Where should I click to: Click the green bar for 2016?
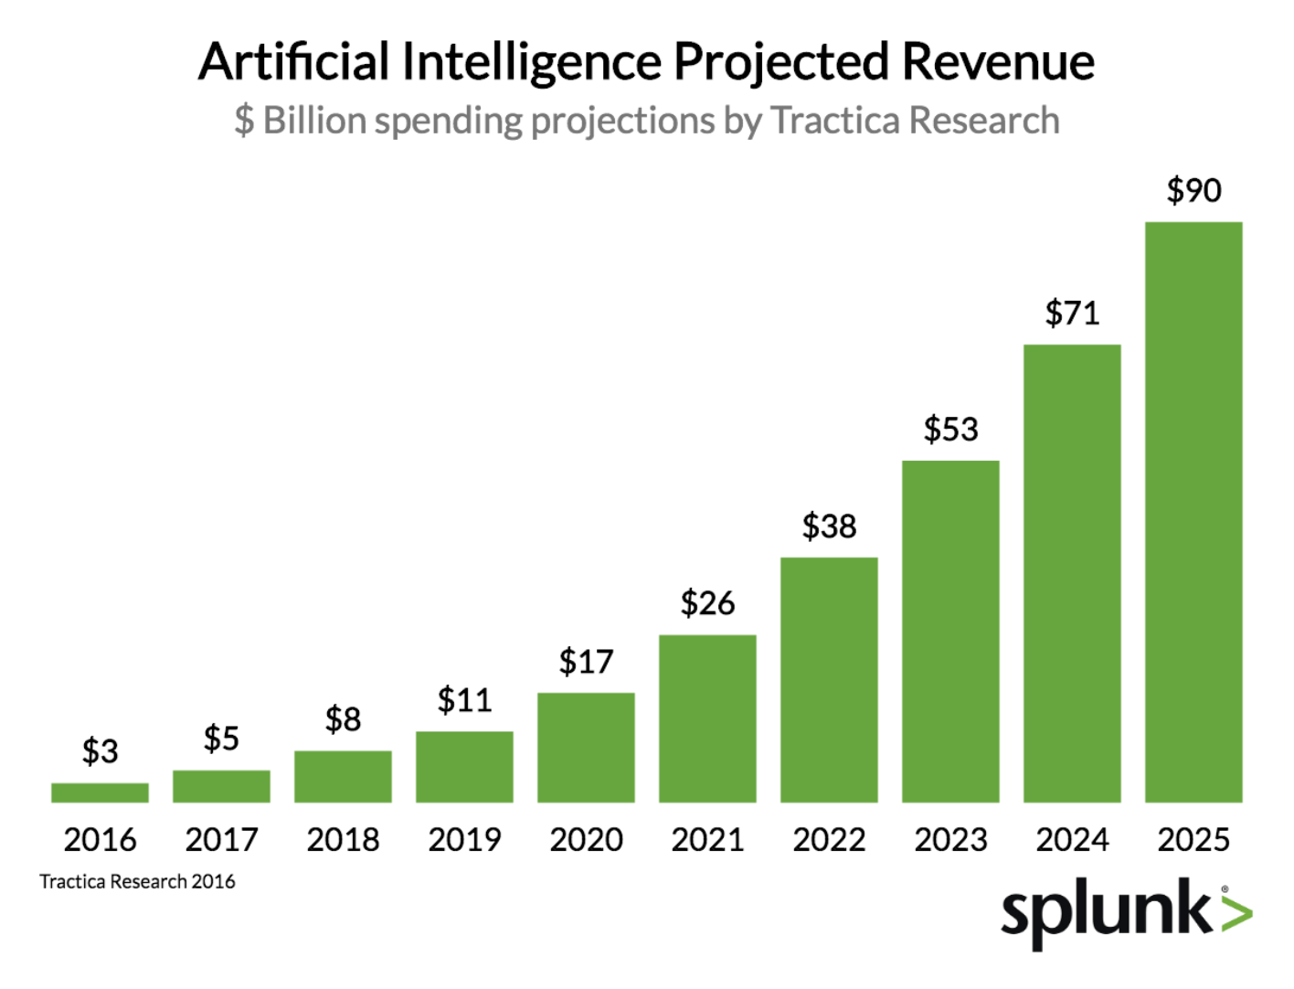(x=100, y=792)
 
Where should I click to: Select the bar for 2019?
(x=464, y=767)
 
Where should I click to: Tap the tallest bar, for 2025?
(x=1193, y=512)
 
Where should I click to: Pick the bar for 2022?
(x=829, y=680)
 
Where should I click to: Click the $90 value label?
(x=1193, y=190)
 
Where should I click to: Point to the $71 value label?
(x=1072, y=314)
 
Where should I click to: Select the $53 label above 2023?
(x=950, y=429)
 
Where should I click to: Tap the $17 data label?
(x=586, y=661)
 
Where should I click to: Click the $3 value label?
(x=100, y=751)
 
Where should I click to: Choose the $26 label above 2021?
(x=707, y=603)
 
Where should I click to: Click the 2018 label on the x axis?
(x=343, y=839)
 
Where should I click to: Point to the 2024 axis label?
(x=1072, y=839)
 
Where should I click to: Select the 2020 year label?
(x=586, y=839)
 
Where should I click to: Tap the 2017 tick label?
(x=221, y=839)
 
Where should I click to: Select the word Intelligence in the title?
(x=531, y=62)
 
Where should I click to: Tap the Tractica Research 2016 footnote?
(x=137, y=882)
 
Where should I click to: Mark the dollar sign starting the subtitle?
(x=244, y=121)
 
